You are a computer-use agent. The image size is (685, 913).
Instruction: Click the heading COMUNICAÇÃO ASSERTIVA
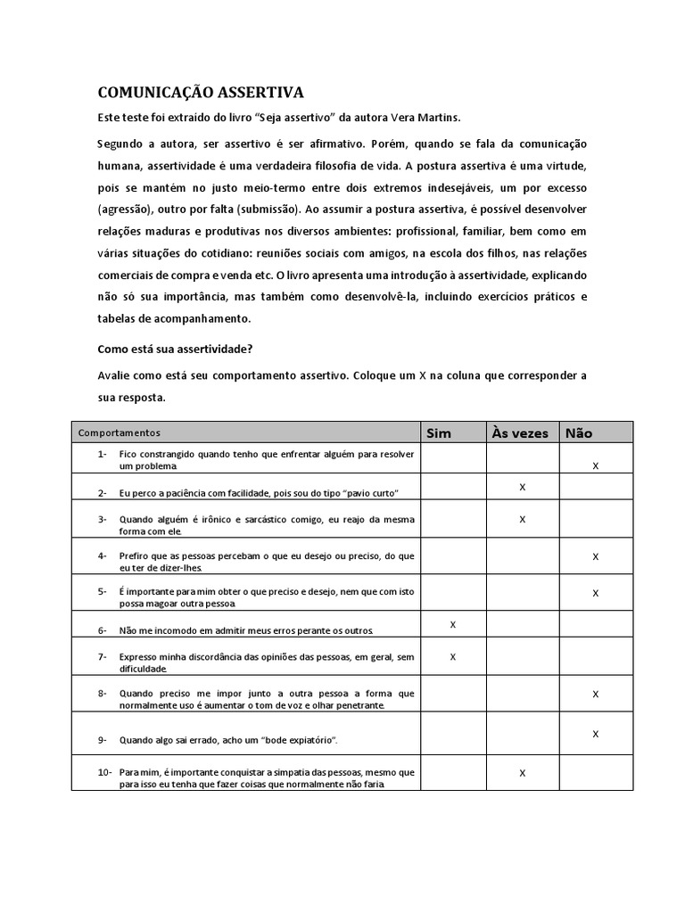pyautogui.click(x=201, y=93)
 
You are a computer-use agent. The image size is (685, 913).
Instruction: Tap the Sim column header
pyautogui.click(x=439, y=433)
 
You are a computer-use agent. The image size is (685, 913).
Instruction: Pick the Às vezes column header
pyautogui.click(x=520, y=433)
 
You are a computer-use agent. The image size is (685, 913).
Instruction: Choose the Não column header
pyautogui.click(x=578, y=433)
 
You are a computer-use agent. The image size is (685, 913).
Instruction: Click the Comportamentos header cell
pyautogui.click(x=120, y=433)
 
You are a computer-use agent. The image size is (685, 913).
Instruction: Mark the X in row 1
pyautogui.click(x=596, y=466)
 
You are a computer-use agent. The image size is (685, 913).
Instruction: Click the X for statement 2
pyautogui.click(x=522, y=486)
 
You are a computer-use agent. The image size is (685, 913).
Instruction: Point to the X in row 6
pyautogui.click(x=453, y=625)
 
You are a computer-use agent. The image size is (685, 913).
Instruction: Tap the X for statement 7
pyautogui.click(x=453, y=657)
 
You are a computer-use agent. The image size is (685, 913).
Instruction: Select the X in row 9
pyautogui.click(x=596, y=734)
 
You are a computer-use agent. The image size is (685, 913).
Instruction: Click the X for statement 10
pyautogui.click(x=522, y=773)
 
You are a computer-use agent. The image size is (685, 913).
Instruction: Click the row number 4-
pyautogui.click(x=103, y=555)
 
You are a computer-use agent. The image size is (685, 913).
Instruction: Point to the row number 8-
pyautogui.click(x=103, y=693)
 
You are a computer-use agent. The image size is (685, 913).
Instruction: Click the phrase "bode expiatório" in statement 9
pyautogui.click(x=293, y=740)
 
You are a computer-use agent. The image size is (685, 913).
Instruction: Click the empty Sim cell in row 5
pyautogui.click(x=453, y=591)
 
